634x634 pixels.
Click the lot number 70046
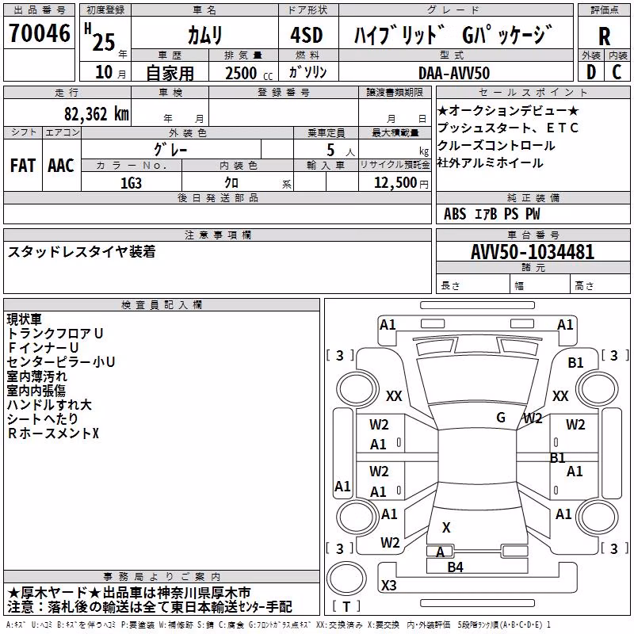pos(40,33)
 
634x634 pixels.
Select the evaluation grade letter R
pos(604,36)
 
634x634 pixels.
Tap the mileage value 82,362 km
pos(96,114)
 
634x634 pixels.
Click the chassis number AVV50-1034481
pos(533,251)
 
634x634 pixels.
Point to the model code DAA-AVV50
pos(454,73)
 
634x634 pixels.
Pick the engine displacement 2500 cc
pos(249,74)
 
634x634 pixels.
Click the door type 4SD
pos(307,35)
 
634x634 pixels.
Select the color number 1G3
pos(131,183)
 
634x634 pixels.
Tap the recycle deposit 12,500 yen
pos(401,183)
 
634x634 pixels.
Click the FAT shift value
pos(23,166)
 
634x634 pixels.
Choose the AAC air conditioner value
pos(61,166)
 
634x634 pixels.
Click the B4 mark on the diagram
pos(455,567)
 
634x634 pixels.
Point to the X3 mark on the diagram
pos(388,585)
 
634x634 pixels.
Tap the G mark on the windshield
pos(501,417)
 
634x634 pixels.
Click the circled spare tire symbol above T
pos(346,579)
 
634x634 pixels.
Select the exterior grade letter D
pos(591,72)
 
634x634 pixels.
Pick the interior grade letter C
pos(617,72)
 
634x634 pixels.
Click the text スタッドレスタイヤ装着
pos(82,251)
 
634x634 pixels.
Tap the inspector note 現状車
pos(25,319)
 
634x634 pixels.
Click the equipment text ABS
pos(455,214)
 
